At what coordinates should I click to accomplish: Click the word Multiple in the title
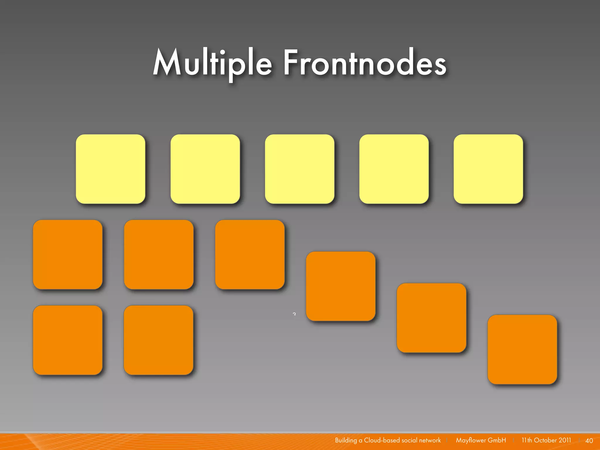pos(212,63)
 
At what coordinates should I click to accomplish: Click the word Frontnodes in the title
pos(365,63)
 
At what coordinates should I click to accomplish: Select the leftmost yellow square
pos(110,169)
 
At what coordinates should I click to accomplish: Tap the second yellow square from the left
pos(205,169)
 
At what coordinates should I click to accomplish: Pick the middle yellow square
pos(299,169)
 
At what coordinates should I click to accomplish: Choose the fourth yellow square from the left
pos(394,169)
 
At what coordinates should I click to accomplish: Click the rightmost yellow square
pos(488,169)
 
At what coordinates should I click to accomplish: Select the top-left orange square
pos(68,255)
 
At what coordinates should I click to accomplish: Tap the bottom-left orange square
pos(68,340)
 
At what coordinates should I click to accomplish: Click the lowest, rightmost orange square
pos(522,349)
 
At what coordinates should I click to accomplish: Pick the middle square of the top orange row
pos(159,255)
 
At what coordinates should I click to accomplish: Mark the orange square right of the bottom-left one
pos(158,340)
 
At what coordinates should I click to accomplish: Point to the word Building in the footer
pos(346,440)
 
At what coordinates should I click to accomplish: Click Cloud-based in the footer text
pos(382,440)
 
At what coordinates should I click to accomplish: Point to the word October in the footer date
pos(545,440)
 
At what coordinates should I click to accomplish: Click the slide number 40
pos(589,441)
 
